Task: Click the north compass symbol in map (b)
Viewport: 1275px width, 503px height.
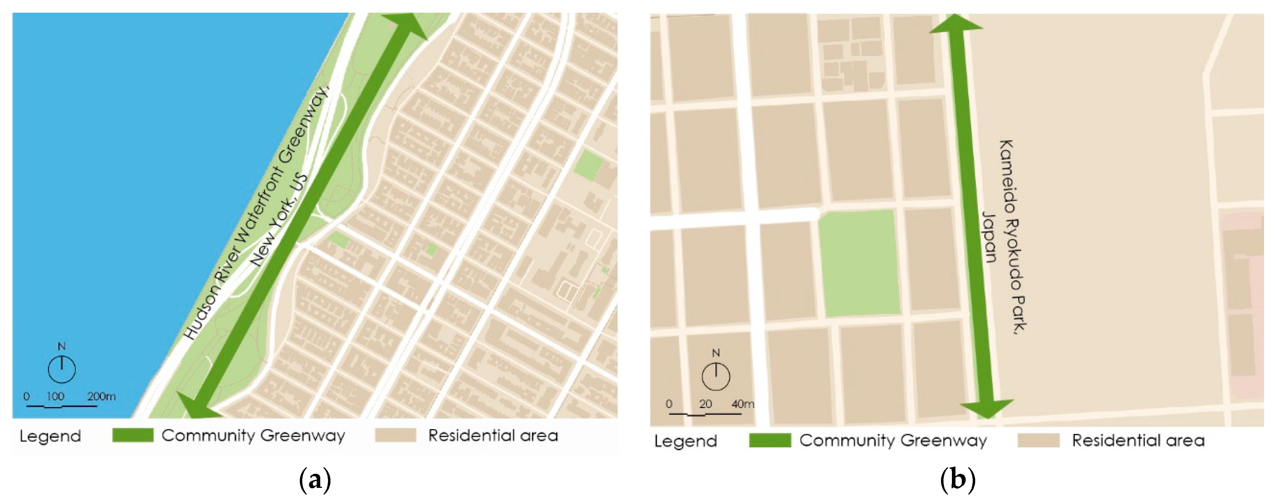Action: tap(716, 376)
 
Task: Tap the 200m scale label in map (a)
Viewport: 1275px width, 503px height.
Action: tap(101, 396)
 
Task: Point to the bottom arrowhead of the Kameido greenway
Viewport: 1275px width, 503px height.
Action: tap(986, 408)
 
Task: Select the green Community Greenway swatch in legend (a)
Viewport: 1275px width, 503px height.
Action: tap(133, 435)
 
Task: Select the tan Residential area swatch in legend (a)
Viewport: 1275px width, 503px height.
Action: tap(396, 435)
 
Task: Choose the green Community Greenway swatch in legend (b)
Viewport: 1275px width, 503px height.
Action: tap(770, 440)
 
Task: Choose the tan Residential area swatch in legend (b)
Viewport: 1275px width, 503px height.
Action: tap(1039, 440)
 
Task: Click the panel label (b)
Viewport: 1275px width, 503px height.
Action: tap(957, 480)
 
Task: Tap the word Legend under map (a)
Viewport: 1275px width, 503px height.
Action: tap(50, 436)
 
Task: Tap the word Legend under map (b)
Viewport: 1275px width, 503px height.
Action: tap(686, 441)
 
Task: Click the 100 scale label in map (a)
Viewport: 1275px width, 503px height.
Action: tap(56, 396)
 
